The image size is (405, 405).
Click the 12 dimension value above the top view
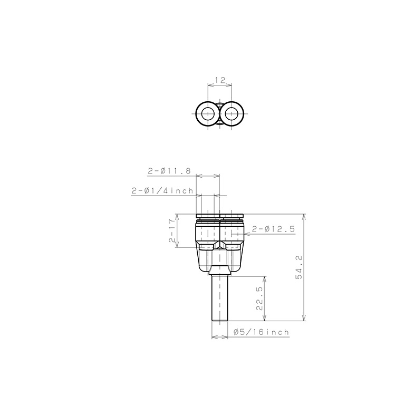220,80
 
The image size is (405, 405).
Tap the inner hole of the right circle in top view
232,113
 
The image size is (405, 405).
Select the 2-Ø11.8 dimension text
169,171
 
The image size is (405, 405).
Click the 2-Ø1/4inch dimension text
163,191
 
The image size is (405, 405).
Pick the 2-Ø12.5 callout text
273,229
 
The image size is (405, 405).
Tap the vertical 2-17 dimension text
172,231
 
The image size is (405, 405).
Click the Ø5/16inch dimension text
261,332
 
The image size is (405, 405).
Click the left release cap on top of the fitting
207,216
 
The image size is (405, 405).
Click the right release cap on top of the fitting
232,216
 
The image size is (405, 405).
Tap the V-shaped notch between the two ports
220,246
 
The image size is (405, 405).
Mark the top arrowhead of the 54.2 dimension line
304,217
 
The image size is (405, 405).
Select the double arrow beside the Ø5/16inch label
220,337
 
